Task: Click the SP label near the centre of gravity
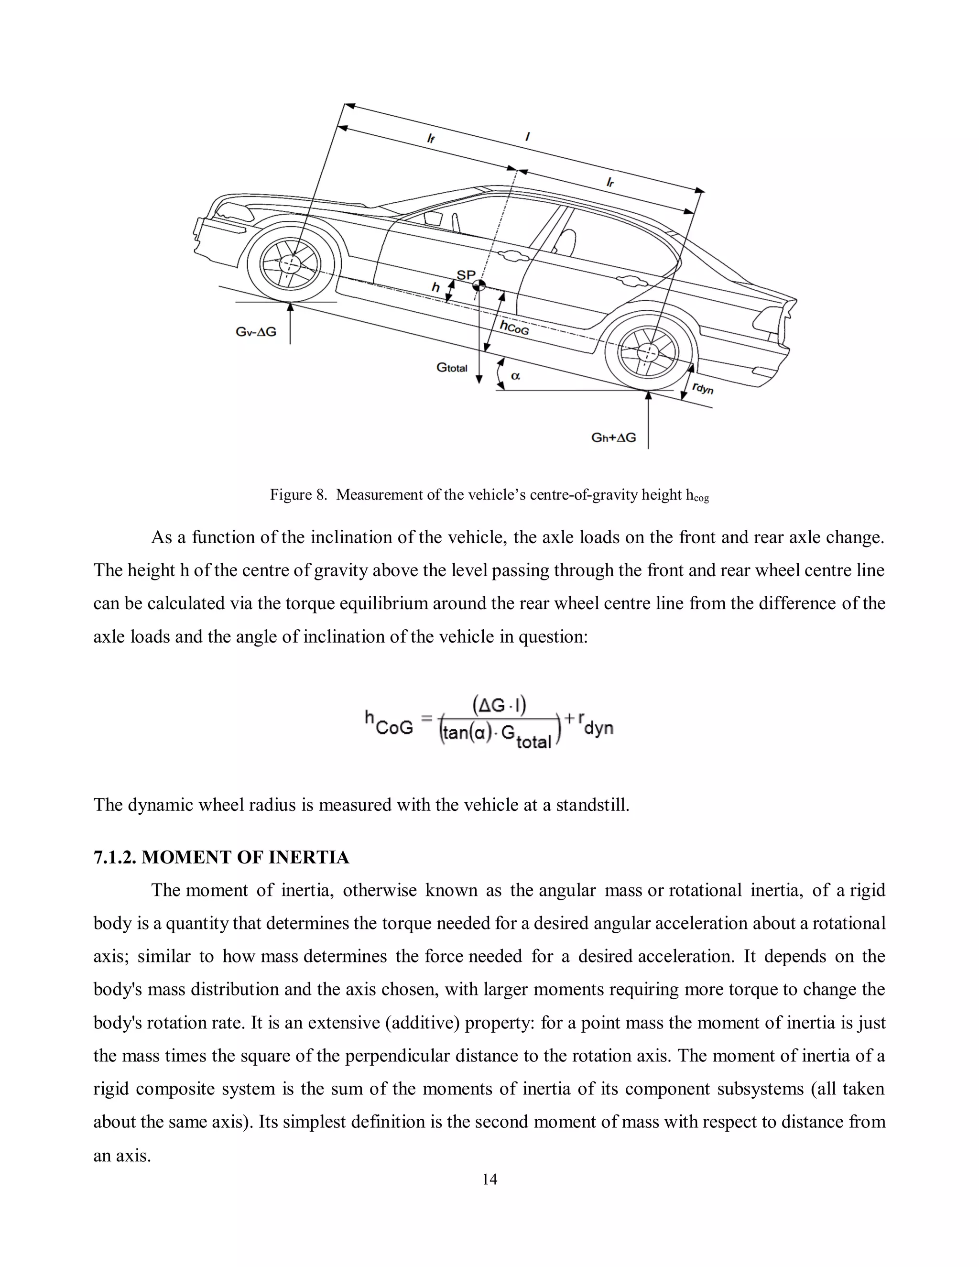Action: click(x=466, y=275)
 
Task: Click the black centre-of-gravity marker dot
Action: click(x=479, y=285)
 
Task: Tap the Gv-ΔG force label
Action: click(x=256, y=332)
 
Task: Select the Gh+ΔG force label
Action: click(x=614, y=437)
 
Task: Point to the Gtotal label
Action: click(x=452, y=368)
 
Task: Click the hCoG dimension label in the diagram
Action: click(x=514, y=328)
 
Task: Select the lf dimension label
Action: click(x=431, y=138)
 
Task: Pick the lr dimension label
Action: click(x=611, y=182)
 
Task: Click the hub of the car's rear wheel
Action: click(x=647, y=352)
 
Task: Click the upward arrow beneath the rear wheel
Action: click(x=648, y=418)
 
